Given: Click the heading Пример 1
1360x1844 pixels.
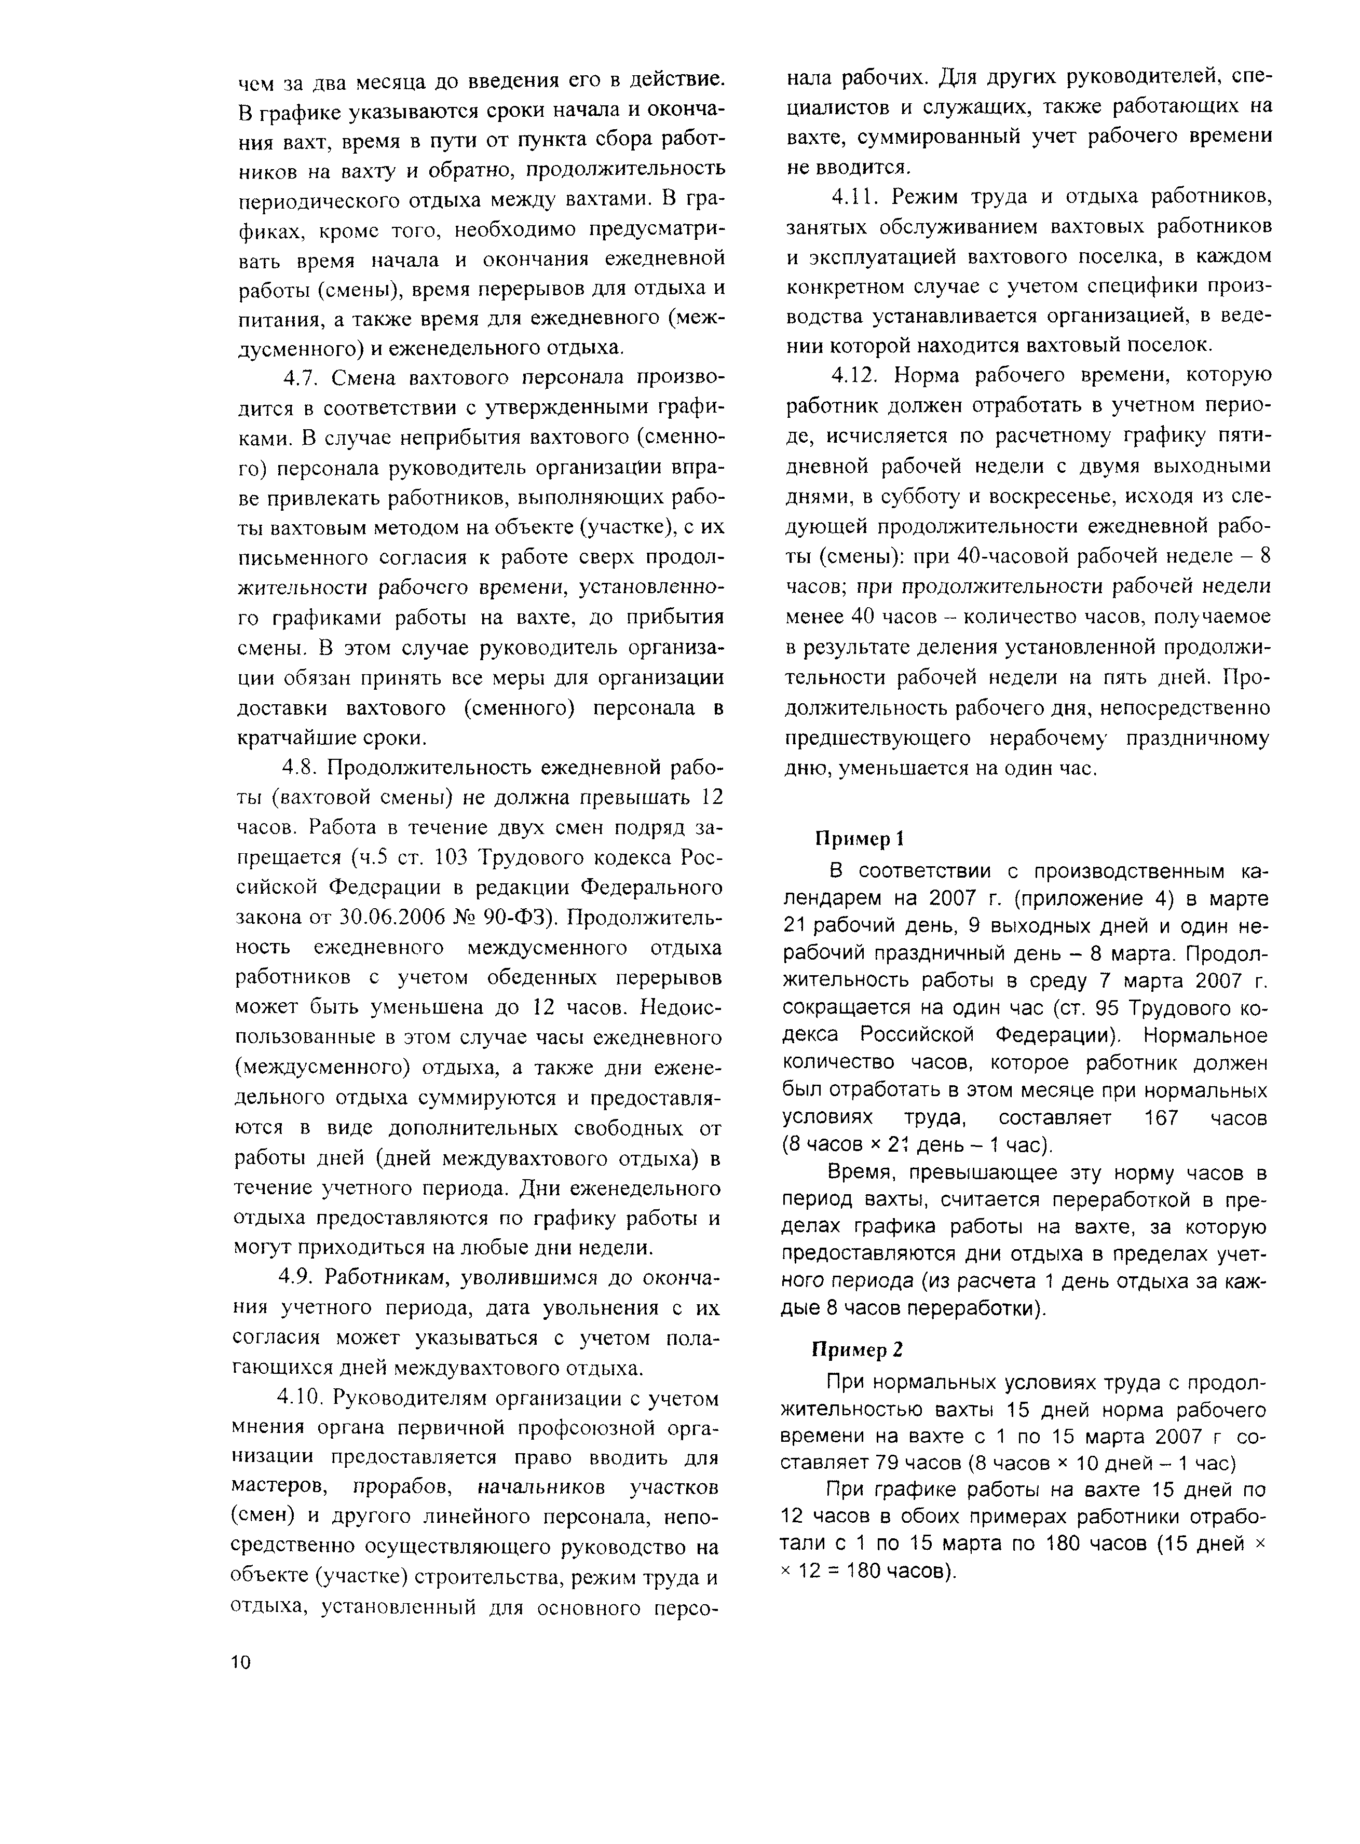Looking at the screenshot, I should click(x=860, y=838).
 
